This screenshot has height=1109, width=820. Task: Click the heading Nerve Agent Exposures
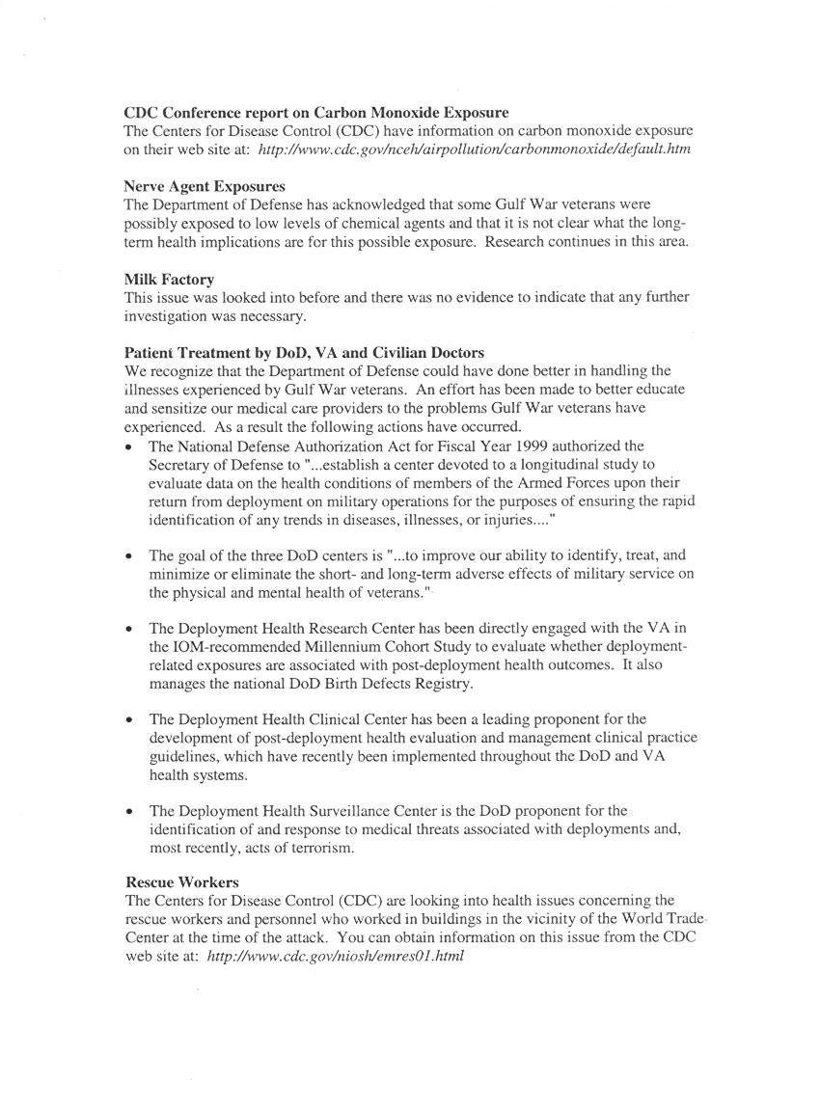pos(205,185)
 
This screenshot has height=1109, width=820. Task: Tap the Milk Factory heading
pos(169,279)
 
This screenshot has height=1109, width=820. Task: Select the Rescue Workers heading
pos(182,881)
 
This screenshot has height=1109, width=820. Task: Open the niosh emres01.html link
pos(336,956)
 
